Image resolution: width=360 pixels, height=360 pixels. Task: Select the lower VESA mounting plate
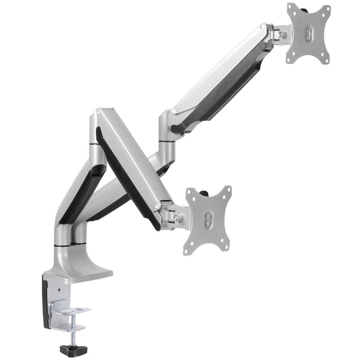point(208,220)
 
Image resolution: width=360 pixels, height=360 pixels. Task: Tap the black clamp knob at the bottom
point(72,347)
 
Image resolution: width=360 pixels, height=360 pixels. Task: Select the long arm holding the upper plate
point(220,81)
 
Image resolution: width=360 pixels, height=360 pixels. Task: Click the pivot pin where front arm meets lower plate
point(158,206)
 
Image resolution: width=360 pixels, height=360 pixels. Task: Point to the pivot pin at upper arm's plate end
point(264,27)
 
